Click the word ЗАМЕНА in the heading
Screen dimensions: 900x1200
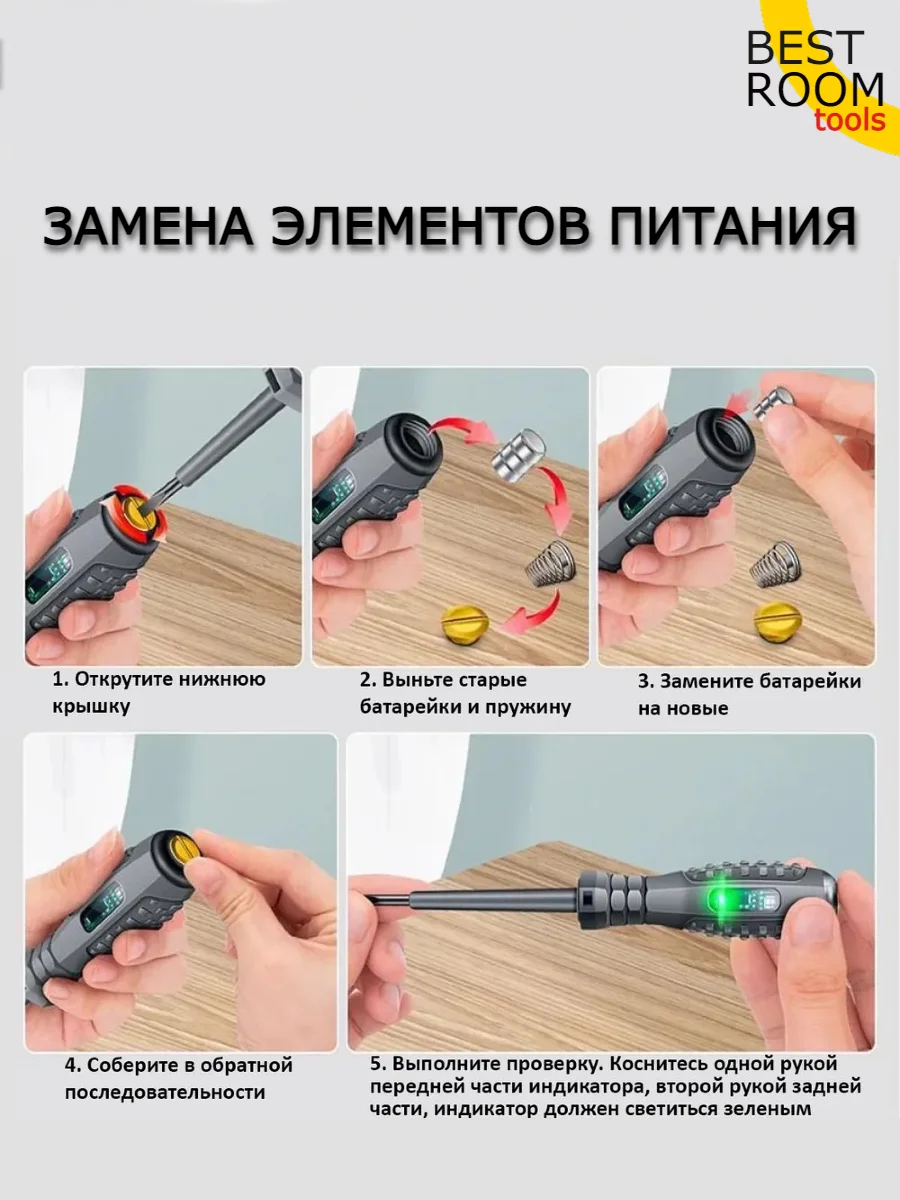[x=148, y=226]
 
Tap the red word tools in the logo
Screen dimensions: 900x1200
[x=850, y=120]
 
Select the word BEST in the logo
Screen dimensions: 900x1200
[x=805, y=48]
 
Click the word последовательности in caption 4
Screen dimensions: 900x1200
[x=165, y=1092]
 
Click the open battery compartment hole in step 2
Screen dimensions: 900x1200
[x=415, y=437]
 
